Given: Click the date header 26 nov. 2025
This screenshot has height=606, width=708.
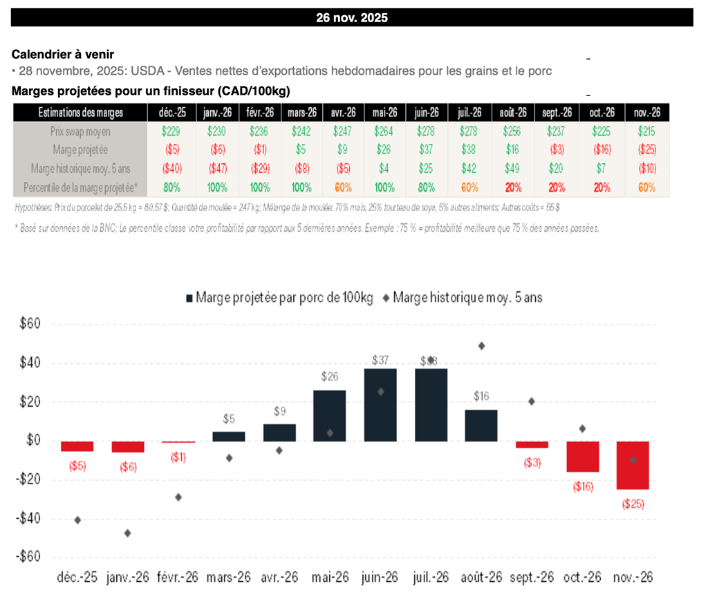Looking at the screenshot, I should pos(351,18).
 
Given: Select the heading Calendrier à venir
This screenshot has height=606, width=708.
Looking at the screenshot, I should pos(63,54).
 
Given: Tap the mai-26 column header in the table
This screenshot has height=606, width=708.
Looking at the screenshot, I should pos(384,112).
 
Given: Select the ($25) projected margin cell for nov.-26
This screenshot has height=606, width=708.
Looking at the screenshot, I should pos(646,149).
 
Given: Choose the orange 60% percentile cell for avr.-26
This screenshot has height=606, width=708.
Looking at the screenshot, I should pos(342,187).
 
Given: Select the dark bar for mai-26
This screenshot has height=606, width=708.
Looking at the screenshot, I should pos(329,416).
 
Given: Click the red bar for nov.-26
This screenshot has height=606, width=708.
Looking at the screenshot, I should pos(633,465).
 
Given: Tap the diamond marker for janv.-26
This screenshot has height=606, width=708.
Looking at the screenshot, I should pos(127,533).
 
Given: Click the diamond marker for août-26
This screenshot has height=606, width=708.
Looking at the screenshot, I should pos(481,345).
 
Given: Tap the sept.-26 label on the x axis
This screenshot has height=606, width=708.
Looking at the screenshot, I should pos(532,578).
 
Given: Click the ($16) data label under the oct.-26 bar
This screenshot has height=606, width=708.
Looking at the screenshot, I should pos(583,486).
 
